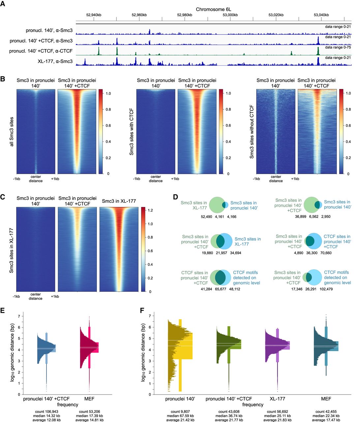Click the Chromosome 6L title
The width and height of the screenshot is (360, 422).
point(213,9)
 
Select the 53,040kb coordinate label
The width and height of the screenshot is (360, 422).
point(321,15)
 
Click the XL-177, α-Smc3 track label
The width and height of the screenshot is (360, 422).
point(55,61)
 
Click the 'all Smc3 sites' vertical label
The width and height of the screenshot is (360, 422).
point(12,131)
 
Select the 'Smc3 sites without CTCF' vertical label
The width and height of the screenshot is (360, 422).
point(252,132)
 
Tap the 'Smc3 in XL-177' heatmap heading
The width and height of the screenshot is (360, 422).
point(119,201)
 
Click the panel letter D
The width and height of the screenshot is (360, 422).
point(175,197)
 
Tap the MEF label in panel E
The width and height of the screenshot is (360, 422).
point(89,399)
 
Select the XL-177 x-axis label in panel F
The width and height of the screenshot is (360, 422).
point(277,399)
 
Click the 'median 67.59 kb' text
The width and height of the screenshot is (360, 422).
point(180,416)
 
